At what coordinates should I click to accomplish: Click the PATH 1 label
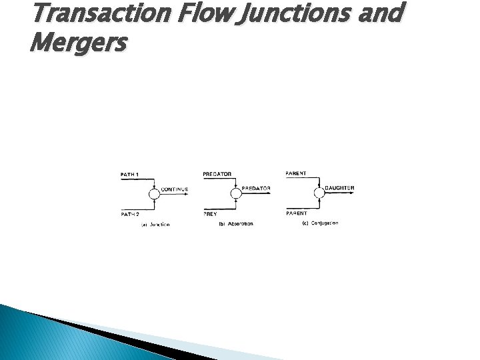pos(130,175)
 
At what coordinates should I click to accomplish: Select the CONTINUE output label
pos(175,189)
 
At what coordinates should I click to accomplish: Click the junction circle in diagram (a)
pos(154,194)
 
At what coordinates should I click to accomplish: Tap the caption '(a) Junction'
pos(155,225)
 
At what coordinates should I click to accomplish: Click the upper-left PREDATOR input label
pos(217,174)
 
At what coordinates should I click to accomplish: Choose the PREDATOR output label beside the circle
pos(256,189)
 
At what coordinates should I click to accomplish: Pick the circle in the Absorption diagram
pos(235,194)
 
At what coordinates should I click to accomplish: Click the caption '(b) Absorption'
pos(236,224)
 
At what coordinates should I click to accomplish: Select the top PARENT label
pos(296,173)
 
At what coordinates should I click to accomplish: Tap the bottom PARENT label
pos(296,213)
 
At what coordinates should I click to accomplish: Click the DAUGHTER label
pos(339,188)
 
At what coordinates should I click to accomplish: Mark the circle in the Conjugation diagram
pos(318,194)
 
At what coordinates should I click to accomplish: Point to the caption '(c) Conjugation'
pos(320,223)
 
